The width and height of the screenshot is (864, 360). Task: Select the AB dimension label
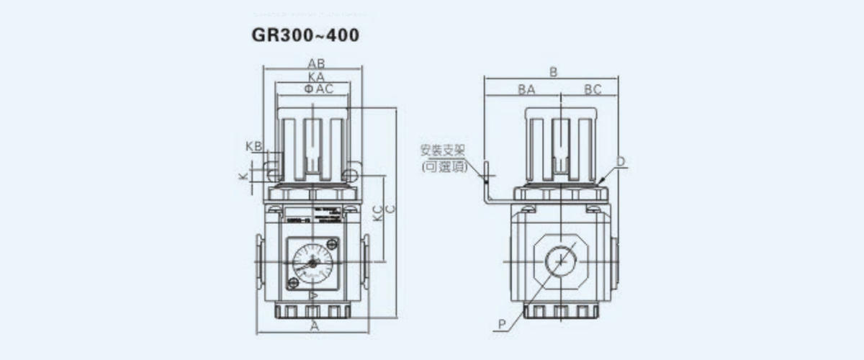pyautogui.click(x=314, y=63)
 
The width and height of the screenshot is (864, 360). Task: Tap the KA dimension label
pyautogui.click(x=314, y=76)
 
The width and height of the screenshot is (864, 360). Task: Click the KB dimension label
pyautogui.click(x=253, y=146)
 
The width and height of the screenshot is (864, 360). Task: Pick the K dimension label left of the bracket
pyautogui.click(x=243, y=176)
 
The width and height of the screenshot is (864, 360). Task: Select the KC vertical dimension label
pyautogui.click(x=377, y=214)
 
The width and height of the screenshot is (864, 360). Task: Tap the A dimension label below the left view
pyautogui.click(x=314, y=326)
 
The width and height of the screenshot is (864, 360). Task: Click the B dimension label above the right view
pyautogui.click(x=553, y=71)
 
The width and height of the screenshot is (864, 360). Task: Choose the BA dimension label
pyautogui.click(x=526, y=90)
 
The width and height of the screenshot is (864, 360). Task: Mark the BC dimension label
pyautogui.click(x=593, y=90)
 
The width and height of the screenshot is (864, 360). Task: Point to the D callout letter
pyautogui.click(x=621, y=162)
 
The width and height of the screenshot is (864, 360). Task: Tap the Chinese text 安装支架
pyautogui.click(x=443, y=151)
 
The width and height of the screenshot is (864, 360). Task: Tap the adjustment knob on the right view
pyautogui.click(x=562, y=144)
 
